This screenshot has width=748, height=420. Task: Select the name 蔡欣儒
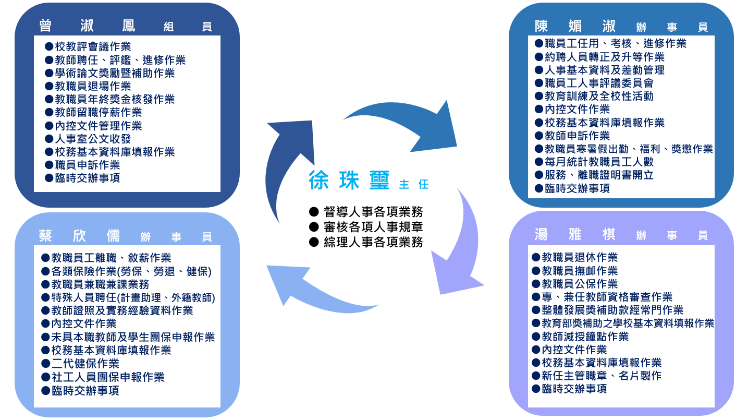(79, 236)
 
